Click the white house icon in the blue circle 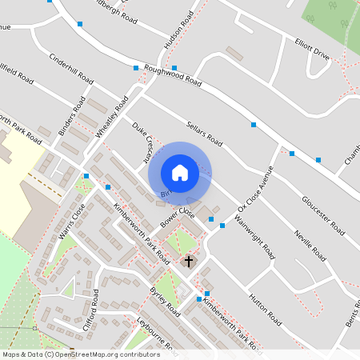click(x=180, y=173)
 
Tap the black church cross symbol click(x=190, y=261)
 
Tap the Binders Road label click(x=72, y=116)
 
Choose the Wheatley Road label click(x=111, y=118)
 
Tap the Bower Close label click(x=178, y=217)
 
